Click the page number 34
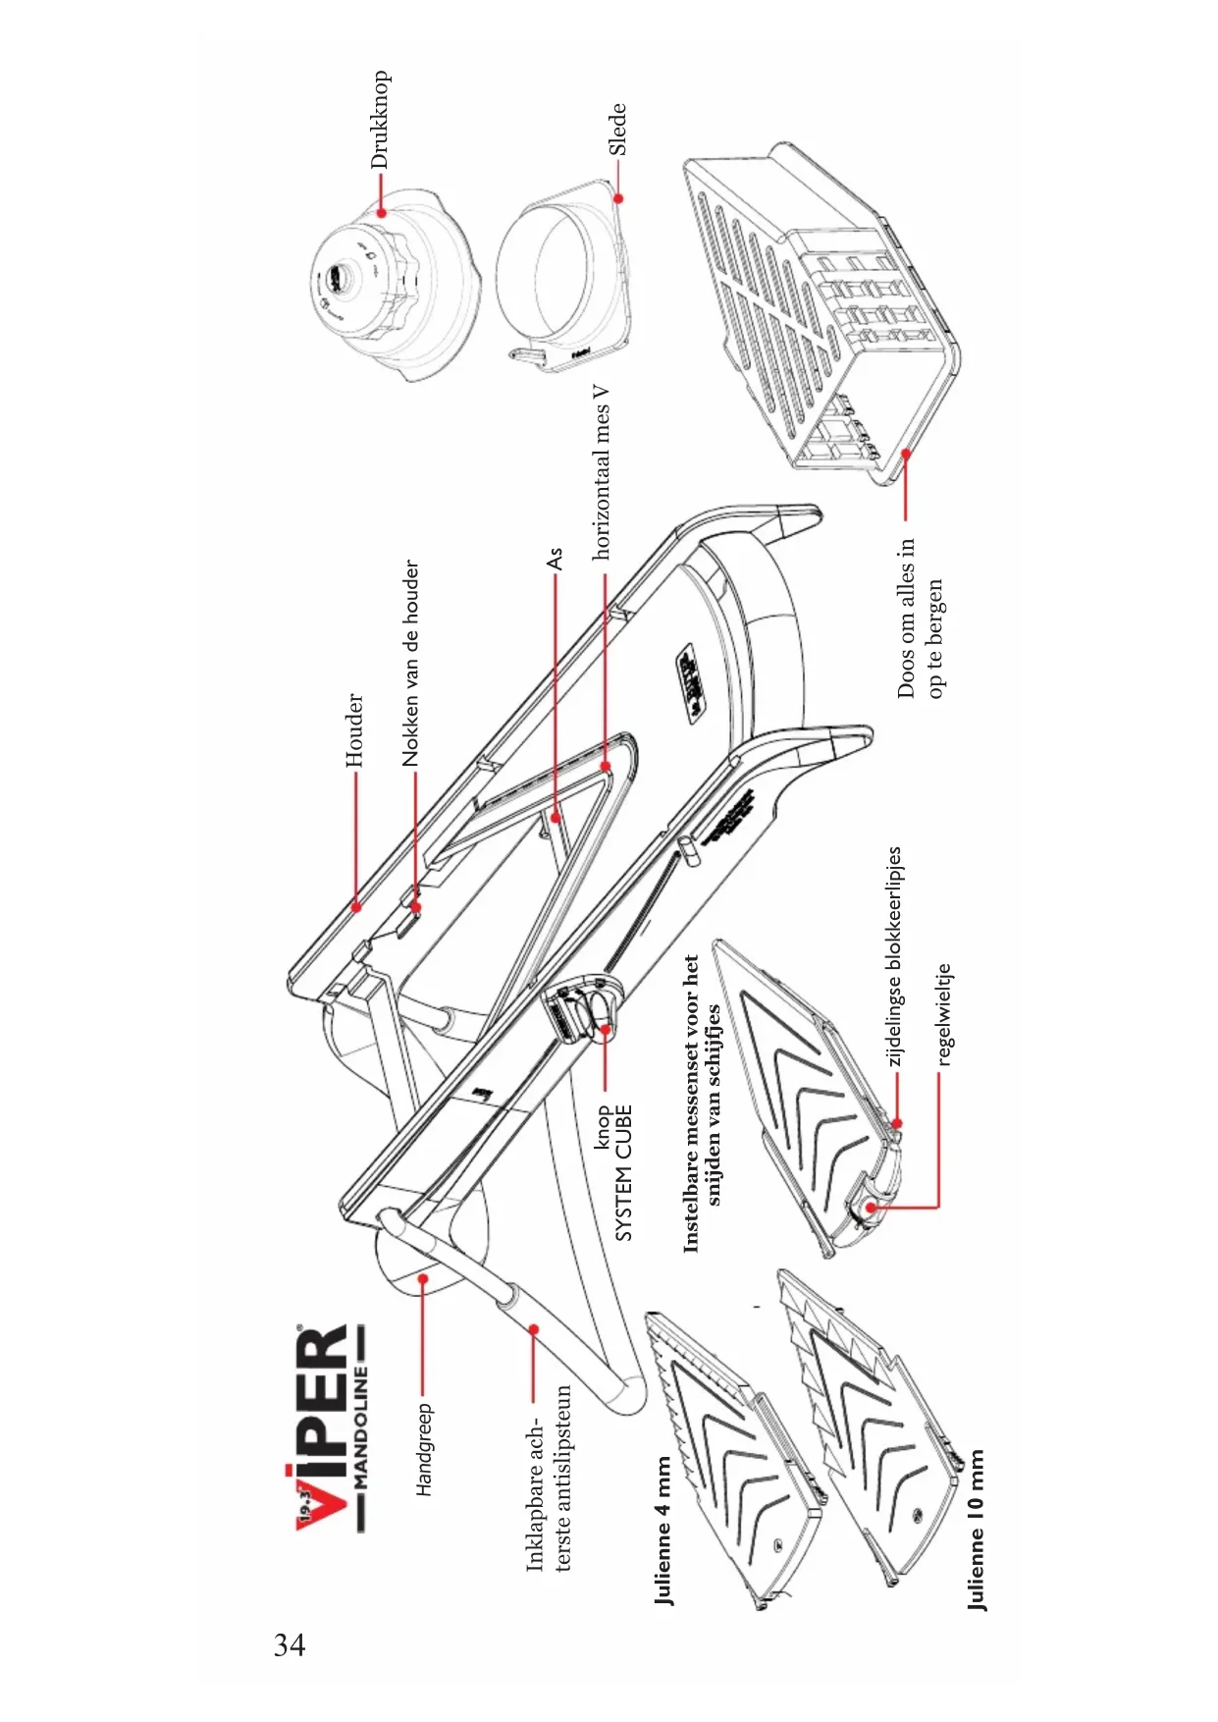[290, 1644]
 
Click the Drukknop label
[380, 120]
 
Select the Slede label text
[617, 130]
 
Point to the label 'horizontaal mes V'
[601, 472]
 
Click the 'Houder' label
[354, 730]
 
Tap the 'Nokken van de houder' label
[411, 664]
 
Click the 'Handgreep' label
[424, 1449]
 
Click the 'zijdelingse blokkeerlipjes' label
[894, 956]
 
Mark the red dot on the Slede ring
[618, 198]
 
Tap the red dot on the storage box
[906, 453]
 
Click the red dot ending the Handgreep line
[423, 1279]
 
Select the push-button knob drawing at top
[397, 285]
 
